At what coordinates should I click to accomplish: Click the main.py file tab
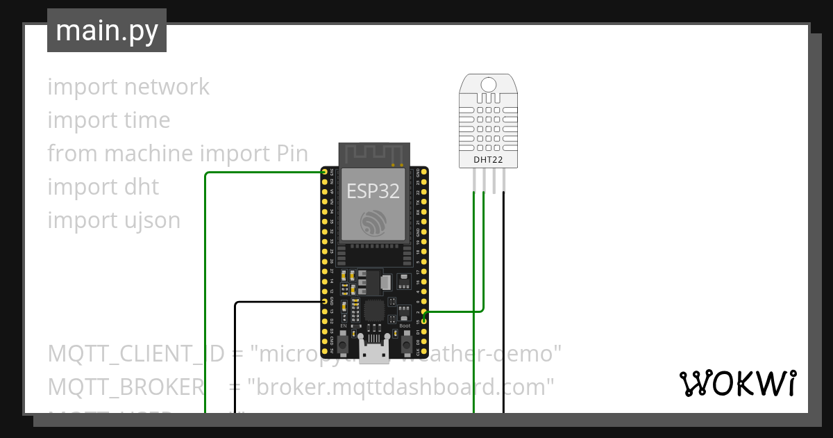click(106, 31)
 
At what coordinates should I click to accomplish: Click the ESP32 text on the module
click(373, 190)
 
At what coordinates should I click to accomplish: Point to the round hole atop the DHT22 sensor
click(488, 85)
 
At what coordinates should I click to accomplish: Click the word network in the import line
click(167, 87)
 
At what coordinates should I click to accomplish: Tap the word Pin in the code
click(287, 154)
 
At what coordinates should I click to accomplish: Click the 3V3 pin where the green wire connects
click(324, 172)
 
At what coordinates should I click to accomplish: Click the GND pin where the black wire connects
click(324, 302)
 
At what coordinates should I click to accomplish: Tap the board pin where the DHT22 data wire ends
click(425, 312)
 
